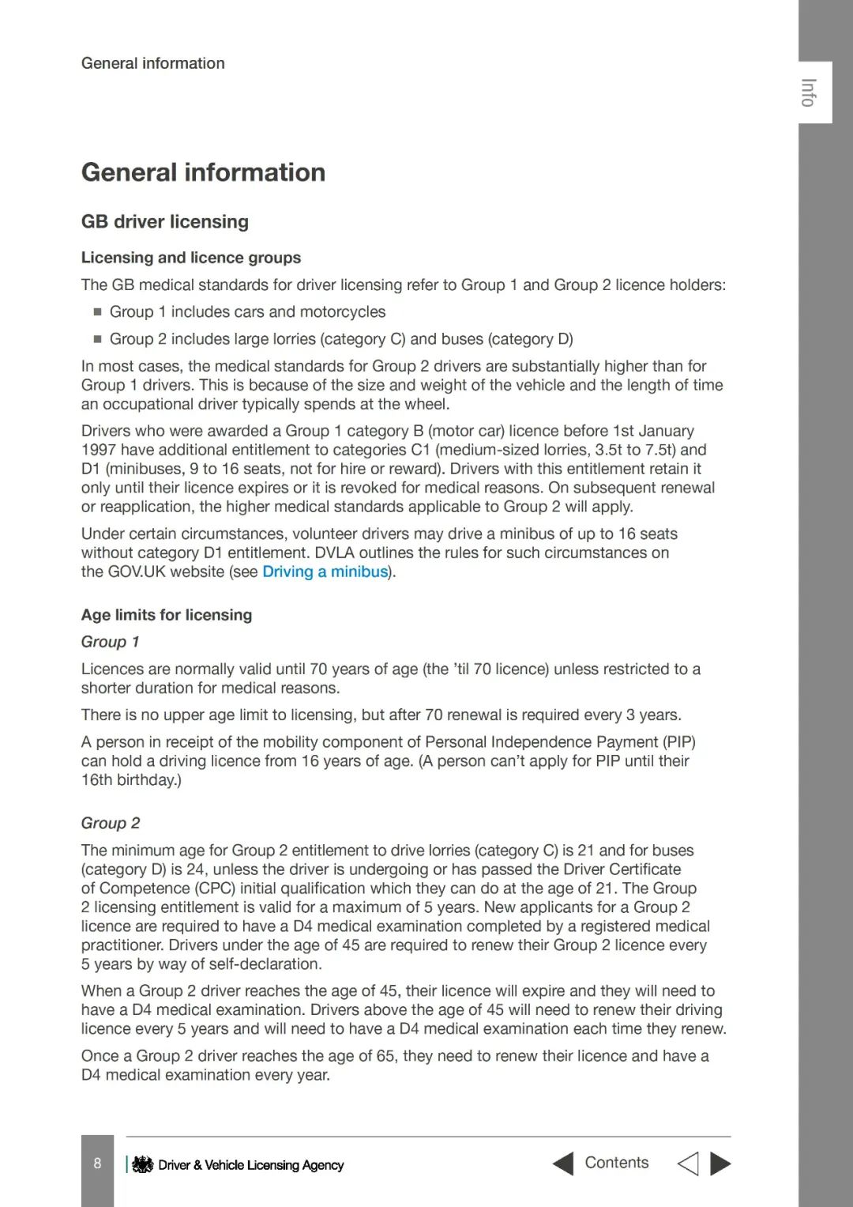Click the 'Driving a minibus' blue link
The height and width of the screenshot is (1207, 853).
tap(325, 571)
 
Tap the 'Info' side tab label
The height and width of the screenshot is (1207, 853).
tap(808, 92)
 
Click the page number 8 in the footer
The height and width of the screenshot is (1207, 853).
tap(97, 1163)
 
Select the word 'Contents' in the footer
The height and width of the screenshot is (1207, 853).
tap(616, 1163)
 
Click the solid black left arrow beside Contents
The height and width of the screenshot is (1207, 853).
tap(563, 1164)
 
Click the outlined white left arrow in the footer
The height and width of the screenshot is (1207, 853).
tap(688, 1164)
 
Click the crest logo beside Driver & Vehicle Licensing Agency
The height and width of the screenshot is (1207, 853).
tap(142, 1164)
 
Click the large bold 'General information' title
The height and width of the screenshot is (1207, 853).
tap(203, 172)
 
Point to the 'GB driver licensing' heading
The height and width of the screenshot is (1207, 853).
tap(164, 221)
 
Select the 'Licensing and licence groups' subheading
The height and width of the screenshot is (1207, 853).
tap(190, 258)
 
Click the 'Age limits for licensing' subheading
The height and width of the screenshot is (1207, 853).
tap(166, 615)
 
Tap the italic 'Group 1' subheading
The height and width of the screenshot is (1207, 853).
tap(110, 642)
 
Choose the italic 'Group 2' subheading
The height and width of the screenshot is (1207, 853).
tap(110, 823)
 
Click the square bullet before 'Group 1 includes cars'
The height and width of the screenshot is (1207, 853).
tap(97, 311)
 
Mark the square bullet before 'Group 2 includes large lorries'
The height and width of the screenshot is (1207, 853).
tap(97, 338)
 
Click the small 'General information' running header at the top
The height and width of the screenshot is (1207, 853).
tap(152, 63)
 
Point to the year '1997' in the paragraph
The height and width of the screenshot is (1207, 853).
tap(99, 450)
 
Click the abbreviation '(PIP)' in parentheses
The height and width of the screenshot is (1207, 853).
tap(679, 741)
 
